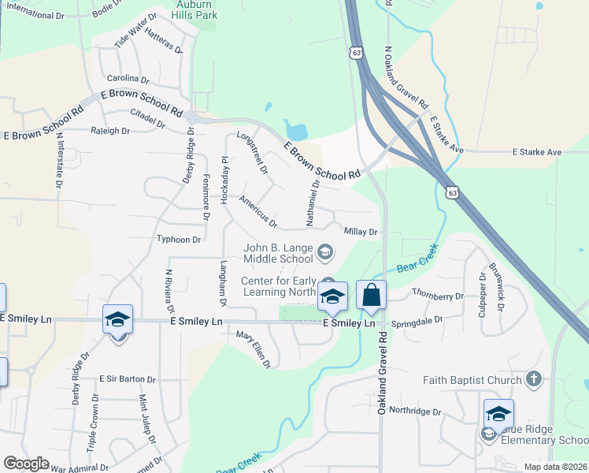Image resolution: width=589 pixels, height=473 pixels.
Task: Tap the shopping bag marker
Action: point(371,296)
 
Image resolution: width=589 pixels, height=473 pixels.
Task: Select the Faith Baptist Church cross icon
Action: point(533,379)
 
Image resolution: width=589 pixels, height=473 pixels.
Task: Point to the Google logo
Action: point(26,463)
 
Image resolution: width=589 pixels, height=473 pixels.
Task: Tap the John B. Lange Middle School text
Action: point(278,253)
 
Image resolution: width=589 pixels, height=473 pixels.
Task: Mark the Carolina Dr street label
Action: point(128,79)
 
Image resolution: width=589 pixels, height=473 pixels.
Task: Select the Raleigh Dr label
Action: point(110,131)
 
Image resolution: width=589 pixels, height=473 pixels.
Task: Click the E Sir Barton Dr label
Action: point(128,379)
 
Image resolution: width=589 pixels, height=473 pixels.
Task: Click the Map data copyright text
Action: point(554,467)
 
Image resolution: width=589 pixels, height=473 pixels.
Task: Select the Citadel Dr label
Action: point(148,118)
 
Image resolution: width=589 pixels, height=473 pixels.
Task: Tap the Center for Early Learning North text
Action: point(278,286)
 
